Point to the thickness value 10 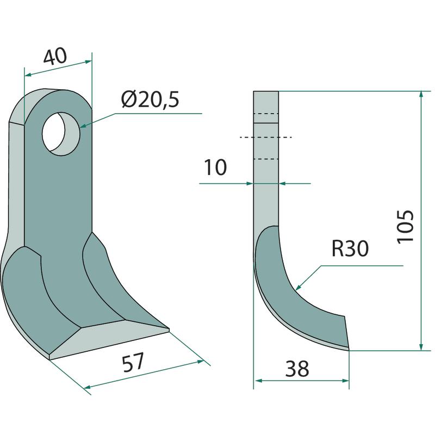[x=216, y=167]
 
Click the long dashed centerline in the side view [x=266, y=137]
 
